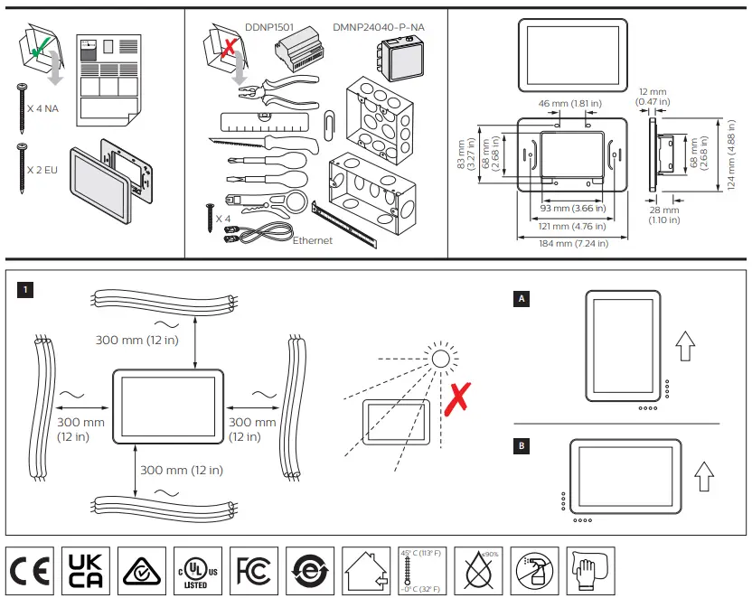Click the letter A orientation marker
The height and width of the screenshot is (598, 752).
pos(521,298)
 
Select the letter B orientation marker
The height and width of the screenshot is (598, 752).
pos(521,445)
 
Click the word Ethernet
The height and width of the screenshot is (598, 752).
pos(313,240)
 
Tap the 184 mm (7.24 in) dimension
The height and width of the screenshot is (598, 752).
pos(562,243)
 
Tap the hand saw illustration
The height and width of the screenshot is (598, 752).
pos(262,144)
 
